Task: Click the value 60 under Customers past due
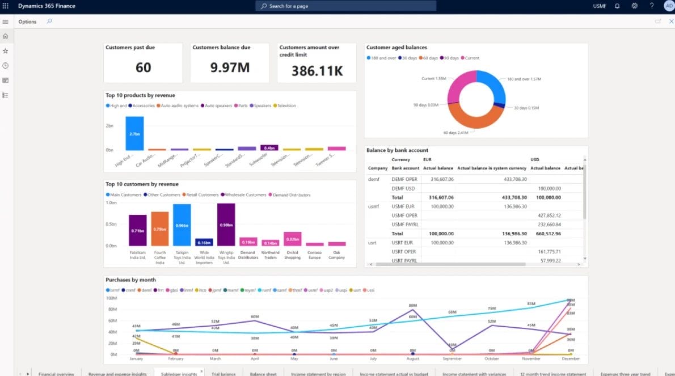[143, 67]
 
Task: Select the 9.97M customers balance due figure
[230, 67]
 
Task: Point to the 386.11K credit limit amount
[317, 70]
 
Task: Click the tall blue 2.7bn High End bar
[134, 133]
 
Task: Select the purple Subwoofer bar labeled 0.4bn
[269, 148]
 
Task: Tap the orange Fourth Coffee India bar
[160, 229]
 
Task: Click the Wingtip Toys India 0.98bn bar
[226, 225]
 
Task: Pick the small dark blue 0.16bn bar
[204, 242]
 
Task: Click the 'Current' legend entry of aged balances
[472, 58]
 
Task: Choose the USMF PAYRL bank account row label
[404, 224]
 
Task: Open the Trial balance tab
[223, 374]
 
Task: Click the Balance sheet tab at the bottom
[263, 374]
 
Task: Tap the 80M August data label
[413, 305]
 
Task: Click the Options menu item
[27, 22]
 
